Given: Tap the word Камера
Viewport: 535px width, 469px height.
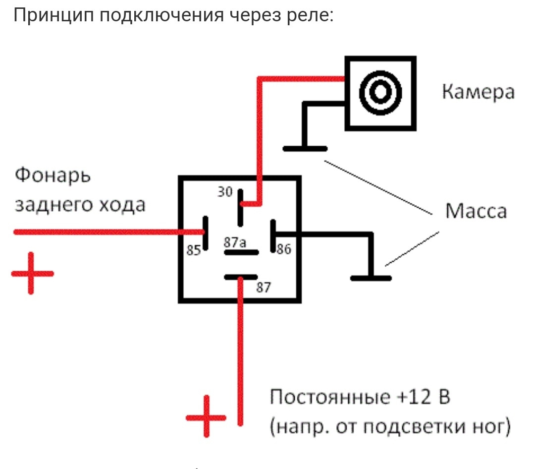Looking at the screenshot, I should point(478,93).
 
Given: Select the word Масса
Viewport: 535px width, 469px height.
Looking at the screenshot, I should point(476,211).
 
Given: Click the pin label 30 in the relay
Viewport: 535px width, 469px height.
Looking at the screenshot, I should point(225,192).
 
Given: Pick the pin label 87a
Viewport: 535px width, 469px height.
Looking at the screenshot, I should point(234,242).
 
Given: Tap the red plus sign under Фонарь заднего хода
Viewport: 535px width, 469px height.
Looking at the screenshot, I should point(31,273).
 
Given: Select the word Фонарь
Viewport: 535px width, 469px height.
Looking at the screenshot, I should point(53,176).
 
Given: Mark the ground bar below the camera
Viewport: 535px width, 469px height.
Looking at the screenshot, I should point(305,148).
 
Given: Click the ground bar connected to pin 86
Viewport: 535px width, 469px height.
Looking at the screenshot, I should point(371,278).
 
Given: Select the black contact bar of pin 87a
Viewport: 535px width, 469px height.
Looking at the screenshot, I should point(241,253).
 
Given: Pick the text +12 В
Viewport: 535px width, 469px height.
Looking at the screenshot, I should point(424,398).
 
